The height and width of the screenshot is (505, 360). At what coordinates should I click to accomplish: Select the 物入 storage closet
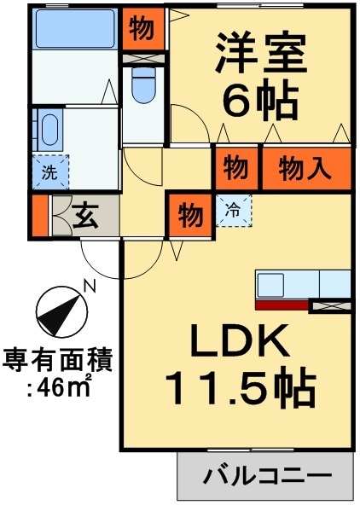pos(305,168)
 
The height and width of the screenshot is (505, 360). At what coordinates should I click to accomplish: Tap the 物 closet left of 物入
pos(235,168)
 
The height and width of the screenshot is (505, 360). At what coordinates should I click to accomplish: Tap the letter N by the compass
pos(89,287)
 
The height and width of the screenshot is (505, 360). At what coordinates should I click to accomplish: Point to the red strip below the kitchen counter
pos(282,303)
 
